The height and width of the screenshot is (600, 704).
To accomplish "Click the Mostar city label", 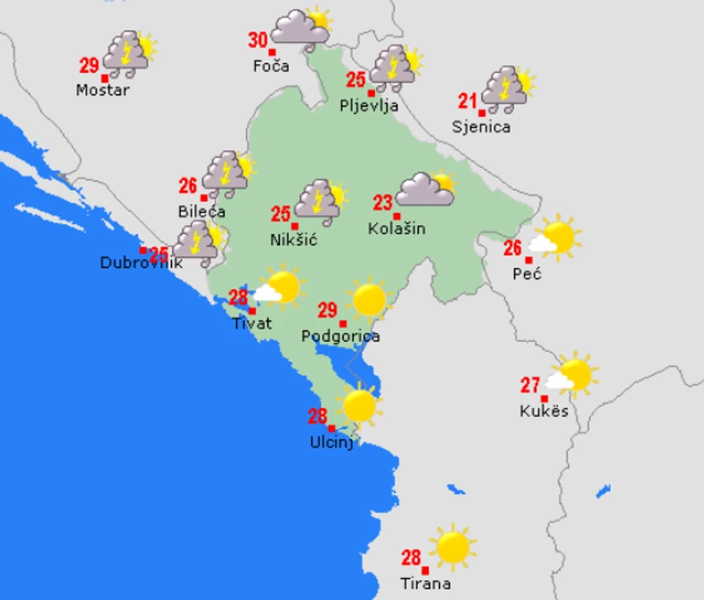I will [102, 90].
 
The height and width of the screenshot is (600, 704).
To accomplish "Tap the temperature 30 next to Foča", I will [258, 40].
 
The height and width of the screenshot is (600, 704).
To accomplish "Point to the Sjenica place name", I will [481, 126].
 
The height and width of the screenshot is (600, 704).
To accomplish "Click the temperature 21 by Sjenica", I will [468, 101].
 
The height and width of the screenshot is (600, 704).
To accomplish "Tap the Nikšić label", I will [294, 239].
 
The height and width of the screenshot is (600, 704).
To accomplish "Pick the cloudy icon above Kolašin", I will [425, 188].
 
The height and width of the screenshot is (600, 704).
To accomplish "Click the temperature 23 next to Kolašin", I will [383, 202].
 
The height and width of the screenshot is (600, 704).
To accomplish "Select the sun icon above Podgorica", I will [368, 299].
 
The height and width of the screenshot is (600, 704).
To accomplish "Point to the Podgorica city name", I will [340, 336].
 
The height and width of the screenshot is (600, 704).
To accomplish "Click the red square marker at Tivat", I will [252, 311].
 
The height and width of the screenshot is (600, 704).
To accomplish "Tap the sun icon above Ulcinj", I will [359, 405].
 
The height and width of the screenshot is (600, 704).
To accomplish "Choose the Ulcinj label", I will [332, 442].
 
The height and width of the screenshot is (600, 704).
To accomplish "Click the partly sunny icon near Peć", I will [554, 238].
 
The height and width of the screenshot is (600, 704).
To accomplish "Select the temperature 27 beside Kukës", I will [531, 385].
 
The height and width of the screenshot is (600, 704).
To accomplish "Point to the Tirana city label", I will [425, 584].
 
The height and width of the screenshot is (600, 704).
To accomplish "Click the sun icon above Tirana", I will [453, 547].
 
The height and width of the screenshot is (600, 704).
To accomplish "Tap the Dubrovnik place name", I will [141, 263].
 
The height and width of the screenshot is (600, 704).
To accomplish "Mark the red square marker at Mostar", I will [106, 77].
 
